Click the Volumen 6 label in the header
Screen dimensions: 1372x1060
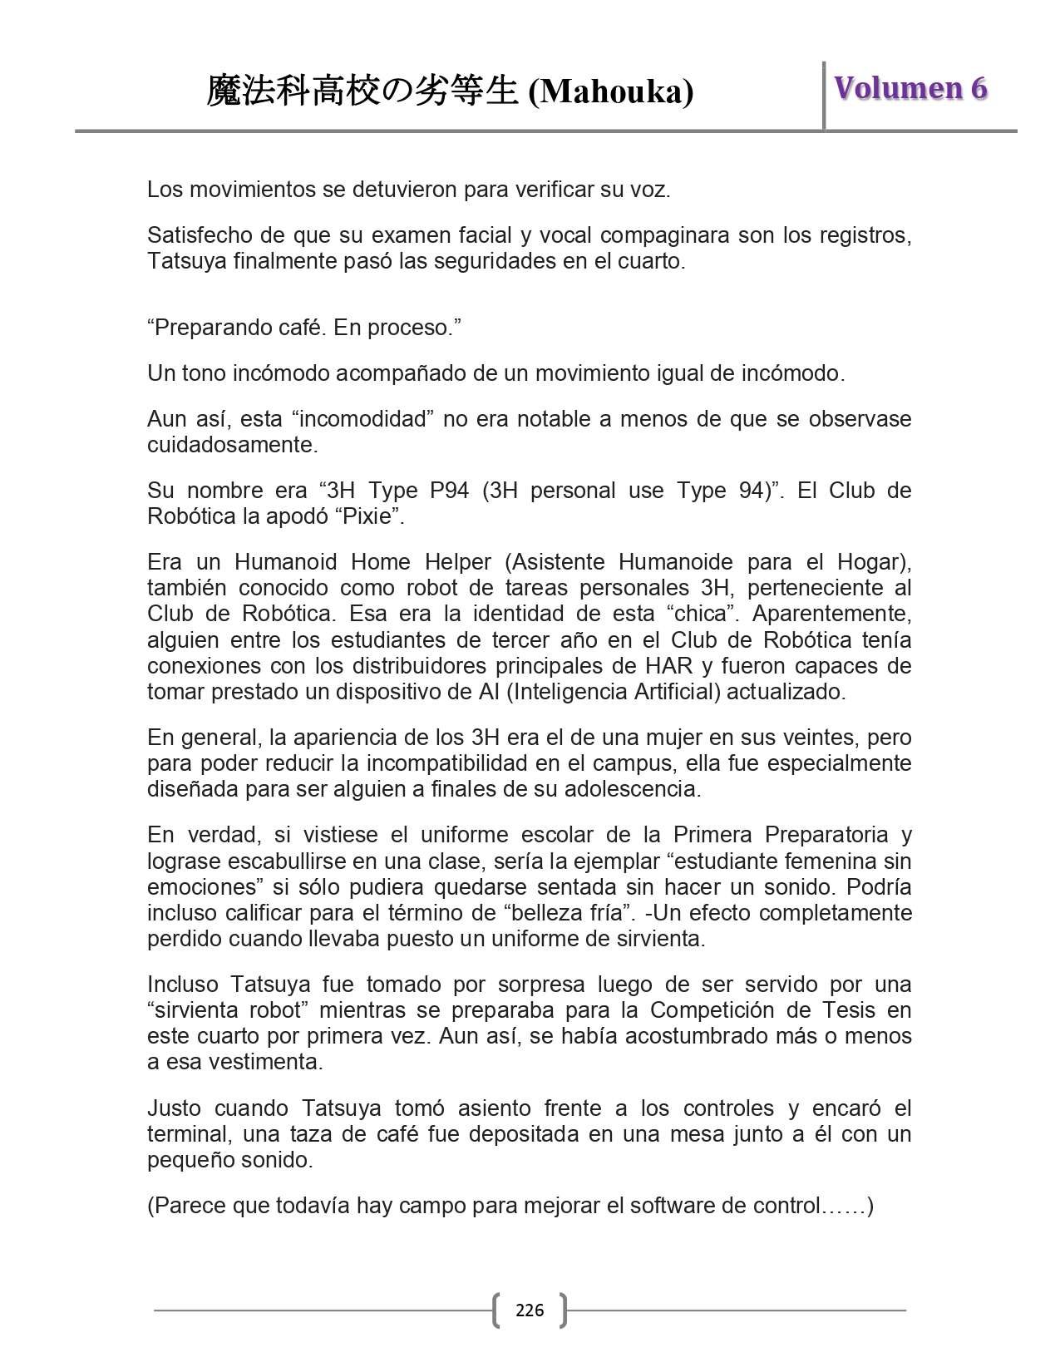point(910,88)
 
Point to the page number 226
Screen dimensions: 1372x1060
point(530,1310)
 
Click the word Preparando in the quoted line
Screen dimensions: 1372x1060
point(212,328)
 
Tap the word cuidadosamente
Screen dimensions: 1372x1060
point(232,445)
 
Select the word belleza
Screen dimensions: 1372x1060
point(550,913)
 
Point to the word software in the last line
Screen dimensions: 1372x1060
point(660,1206)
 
